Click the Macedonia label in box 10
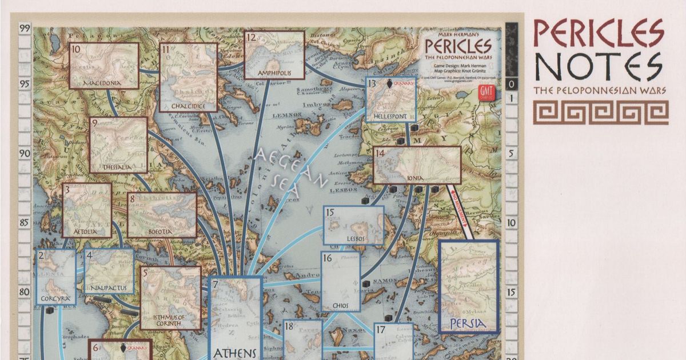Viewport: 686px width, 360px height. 103,83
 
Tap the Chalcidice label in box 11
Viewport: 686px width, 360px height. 188,106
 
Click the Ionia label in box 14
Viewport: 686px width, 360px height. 417,178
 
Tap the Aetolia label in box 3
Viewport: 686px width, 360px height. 86,232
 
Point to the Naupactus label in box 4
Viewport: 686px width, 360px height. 108,287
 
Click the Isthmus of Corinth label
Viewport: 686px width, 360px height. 169,321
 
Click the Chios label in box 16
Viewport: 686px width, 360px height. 341,306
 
